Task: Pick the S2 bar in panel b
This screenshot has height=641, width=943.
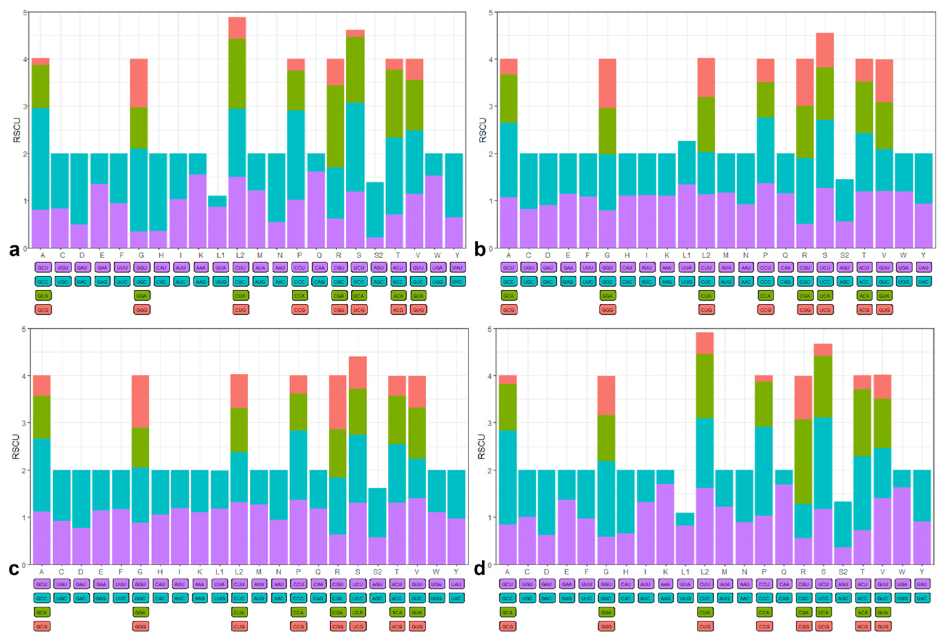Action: tap(844, 214)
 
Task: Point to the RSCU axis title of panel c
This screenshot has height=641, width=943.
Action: tap(16, 446)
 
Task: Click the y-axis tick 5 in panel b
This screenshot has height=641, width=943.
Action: tap(490, 13)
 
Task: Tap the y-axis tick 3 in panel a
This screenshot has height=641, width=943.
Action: tap(25, 106)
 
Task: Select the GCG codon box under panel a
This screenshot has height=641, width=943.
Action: tap(43, 310)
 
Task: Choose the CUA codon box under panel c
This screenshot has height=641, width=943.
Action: tap(239, 612)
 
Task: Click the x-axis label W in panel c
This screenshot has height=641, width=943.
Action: tap(436, 572)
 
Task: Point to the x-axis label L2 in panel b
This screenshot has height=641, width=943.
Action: tap(706, 255)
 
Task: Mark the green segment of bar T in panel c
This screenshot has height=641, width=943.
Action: tap(397, 420)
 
